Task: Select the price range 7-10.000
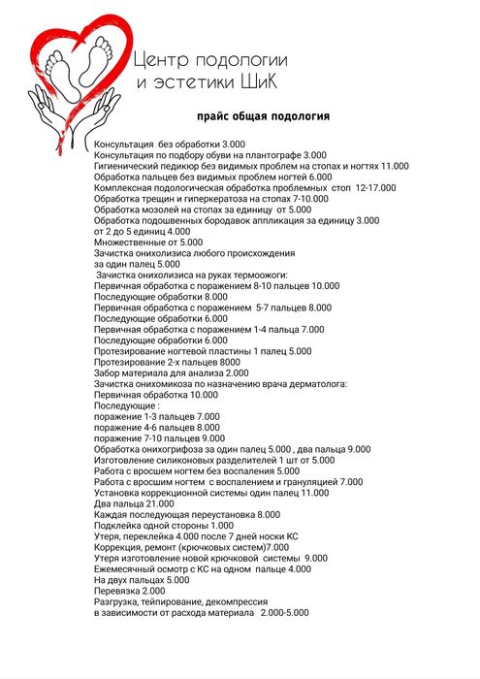[304, 198]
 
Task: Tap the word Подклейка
[119, 525]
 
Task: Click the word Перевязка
[116, 591]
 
